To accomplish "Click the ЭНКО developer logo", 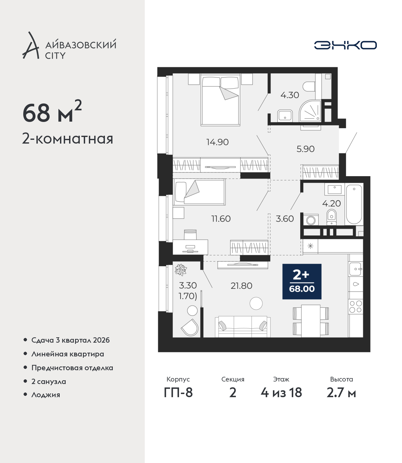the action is (x=345, y=45).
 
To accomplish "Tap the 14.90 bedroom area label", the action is (x=217, y=142).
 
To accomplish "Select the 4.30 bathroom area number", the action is (x=290, y=95).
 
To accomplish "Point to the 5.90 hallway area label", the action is (x=305, y=149).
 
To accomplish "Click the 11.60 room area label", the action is (x=221, y=218).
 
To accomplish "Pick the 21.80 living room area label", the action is (x=241, y=286).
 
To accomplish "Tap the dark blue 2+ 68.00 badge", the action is (x=302, y=281).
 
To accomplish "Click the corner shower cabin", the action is (x=310, y=111).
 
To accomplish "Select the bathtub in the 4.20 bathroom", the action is (x=354, y=204).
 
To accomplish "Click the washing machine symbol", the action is (x=311, y=219).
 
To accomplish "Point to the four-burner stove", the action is (x=356, y=307).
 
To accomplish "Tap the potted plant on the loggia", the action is (x=181, y=270).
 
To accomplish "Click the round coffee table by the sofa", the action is (x=256, y=303).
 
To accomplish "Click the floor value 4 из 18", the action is (x=281, y=392).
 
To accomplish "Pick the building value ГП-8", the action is (x=178, y=392).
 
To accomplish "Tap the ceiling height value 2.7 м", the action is (x=341, y=392).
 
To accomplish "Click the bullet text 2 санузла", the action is (x=48, y=381).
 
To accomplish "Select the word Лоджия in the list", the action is (x=46, y=395).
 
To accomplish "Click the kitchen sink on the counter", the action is (x=356, y=269).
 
